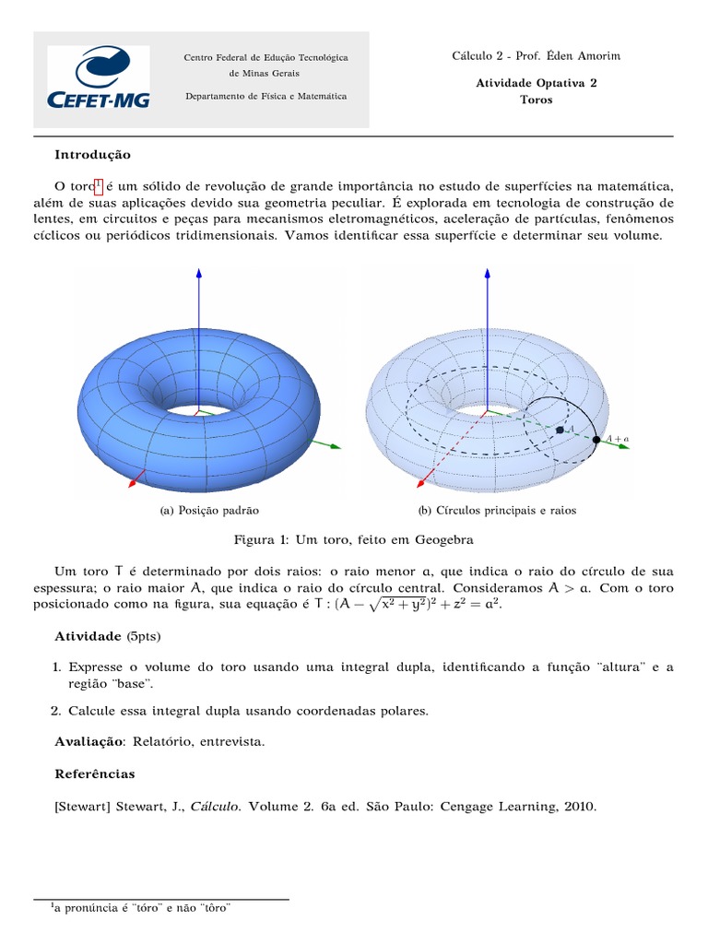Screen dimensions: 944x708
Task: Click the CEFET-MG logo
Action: (x=98, y=79)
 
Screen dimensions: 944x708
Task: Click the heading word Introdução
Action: (x=92, y=155)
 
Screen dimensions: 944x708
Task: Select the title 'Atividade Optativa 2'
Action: (x=536, y=82)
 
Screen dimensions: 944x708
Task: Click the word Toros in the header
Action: (x=536, y=100)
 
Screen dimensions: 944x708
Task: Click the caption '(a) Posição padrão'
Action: (x=209, y=510)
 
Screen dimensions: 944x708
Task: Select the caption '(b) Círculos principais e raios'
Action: (x=497, y=510)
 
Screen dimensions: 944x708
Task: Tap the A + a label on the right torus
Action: (x=618, y=440)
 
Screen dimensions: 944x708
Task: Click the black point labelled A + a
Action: (x=596, y=440)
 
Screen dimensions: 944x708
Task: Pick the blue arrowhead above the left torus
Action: (x=199, y=273)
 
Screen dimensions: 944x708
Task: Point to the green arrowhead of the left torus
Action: (x=336, y=447)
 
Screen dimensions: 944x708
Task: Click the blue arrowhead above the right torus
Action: (x=488, y=273)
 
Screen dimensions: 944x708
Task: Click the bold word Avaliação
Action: (x=88, y=742)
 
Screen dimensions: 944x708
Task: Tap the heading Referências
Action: (x=95, y=773)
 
